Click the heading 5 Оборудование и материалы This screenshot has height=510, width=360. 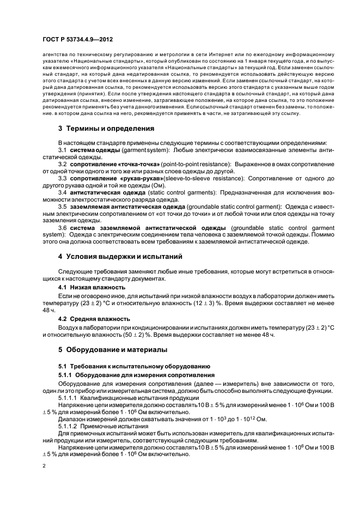[x=113, y=349]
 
